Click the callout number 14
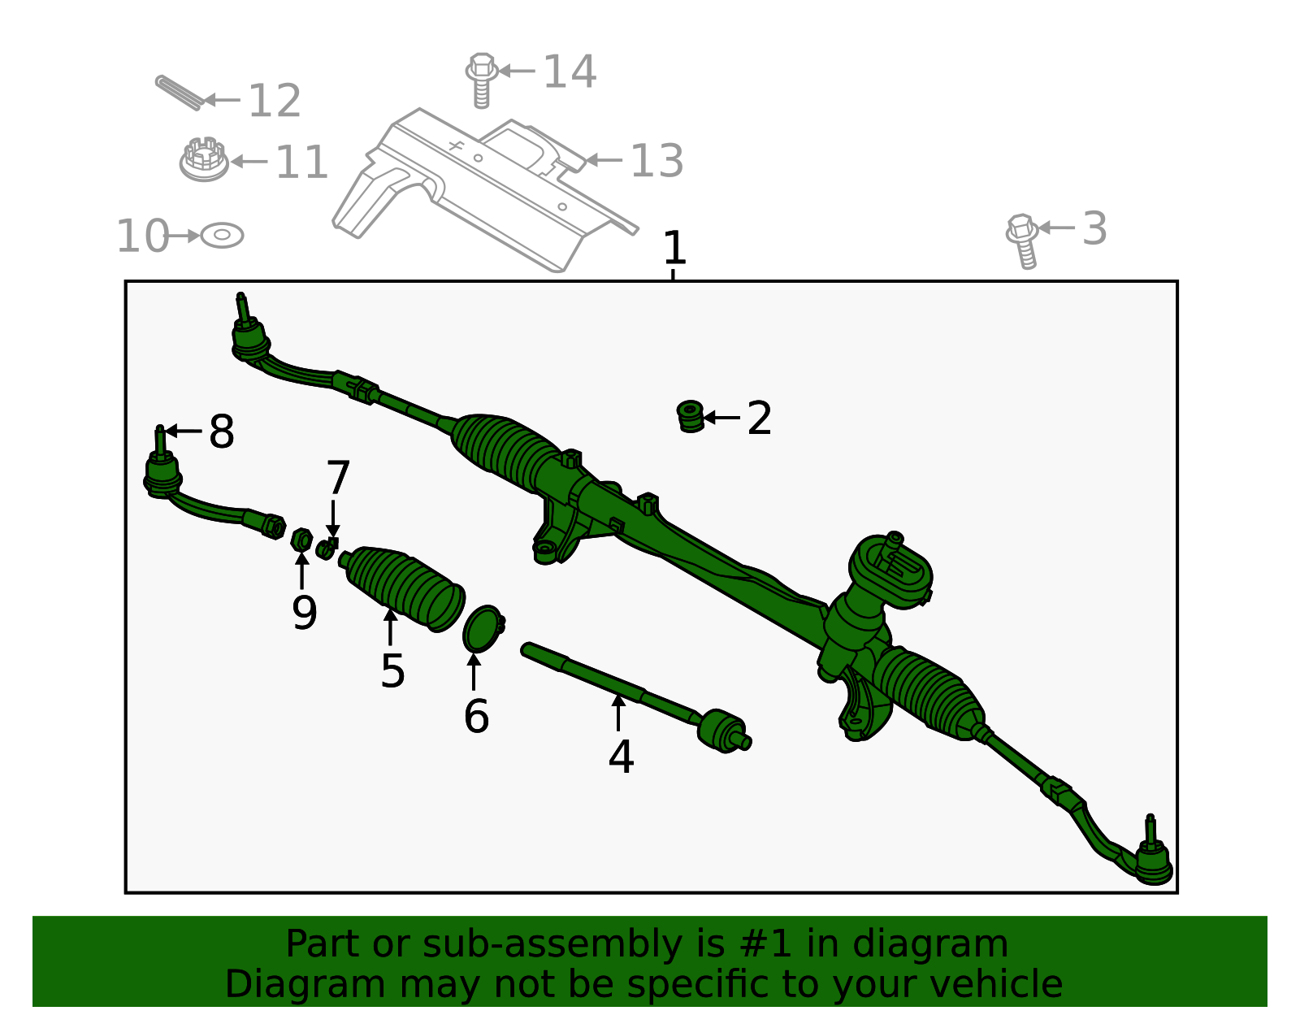(570, 72)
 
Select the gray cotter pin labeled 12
(178, 93)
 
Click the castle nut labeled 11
(204, 159)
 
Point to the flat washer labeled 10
(222, 236)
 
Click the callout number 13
(656, 161)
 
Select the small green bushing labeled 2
(691, 416)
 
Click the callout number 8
(222, 432)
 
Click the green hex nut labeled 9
(301, 539)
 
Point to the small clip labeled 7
(327, 548)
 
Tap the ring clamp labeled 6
(482, 628)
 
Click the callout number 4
(621, 757)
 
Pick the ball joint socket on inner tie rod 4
(721, 729)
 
